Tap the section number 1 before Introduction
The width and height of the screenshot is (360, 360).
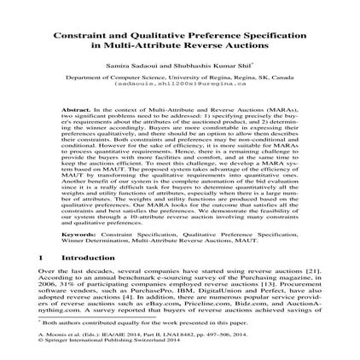point(41,257)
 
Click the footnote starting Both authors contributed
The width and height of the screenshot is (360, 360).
point(128,323)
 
